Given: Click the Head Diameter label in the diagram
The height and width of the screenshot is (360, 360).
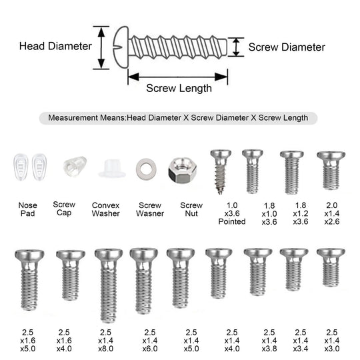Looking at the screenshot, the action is coord(55,46).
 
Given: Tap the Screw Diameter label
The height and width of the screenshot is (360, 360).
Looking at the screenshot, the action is coord(287,47).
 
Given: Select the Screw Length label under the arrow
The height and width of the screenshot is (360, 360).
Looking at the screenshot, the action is coord(179,89).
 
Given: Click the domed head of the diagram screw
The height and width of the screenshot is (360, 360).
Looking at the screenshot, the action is coord(121,47).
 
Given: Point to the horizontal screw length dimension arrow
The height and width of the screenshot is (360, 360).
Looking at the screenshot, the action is coord(178,77).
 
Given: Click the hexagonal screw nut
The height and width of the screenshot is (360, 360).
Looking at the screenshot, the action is coord(182,170).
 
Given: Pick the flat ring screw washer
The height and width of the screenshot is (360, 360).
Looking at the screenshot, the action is coord(146,169).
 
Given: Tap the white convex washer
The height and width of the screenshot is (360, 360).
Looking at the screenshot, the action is coord(112,169).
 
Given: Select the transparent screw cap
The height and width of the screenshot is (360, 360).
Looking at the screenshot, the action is coord(75,166).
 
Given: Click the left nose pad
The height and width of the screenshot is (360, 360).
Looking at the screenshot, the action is coord(21,167).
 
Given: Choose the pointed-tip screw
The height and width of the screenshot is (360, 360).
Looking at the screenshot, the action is coord(221,172).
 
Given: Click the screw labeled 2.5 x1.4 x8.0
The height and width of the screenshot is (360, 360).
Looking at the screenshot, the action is coord(109,285).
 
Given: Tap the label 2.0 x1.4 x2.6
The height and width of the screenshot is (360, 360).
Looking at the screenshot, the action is coord(332,213).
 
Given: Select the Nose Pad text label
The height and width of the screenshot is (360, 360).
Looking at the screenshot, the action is coord(27,209).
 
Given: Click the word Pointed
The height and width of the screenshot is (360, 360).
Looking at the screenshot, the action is coord(232,221).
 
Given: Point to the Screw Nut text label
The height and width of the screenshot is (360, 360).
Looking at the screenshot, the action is coord(191,209).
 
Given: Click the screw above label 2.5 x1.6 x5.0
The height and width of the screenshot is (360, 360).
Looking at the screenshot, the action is coord(29,280).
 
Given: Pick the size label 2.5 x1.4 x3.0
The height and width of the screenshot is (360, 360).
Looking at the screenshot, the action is coord(332,341).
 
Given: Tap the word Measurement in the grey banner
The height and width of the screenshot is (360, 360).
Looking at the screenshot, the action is coord(73,118).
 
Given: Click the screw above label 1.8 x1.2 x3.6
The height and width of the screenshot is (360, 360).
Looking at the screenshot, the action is coord(292,172).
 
